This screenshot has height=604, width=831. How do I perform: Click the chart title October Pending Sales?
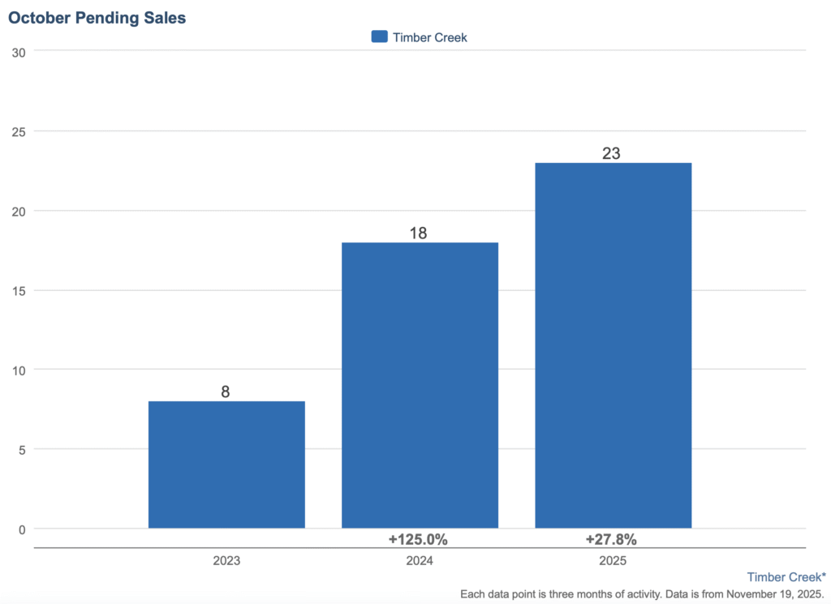97,18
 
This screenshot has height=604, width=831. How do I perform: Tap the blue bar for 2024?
420,385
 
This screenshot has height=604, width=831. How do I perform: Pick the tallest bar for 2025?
613,345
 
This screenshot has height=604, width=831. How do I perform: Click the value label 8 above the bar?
226,392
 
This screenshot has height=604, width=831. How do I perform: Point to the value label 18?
419,233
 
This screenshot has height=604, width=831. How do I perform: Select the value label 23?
612,153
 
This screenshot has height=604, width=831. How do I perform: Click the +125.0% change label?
419,539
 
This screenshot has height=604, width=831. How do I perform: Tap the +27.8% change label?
611,539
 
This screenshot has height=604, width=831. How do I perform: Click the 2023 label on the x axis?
226,560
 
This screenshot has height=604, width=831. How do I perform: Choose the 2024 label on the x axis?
420,560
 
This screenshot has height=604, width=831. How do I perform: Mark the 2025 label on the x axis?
613,560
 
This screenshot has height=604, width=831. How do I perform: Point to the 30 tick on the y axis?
19,53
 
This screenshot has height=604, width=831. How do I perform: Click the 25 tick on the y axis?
19,131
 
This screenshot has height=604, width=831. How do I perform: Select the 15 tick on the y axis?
19,290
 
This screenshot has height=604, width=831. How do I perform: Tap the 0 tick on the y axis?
22,529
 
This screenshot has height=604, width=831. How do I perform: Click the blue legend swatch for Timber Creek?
379,36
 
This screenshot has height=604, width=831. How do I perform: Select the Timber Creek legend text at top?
430,37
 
